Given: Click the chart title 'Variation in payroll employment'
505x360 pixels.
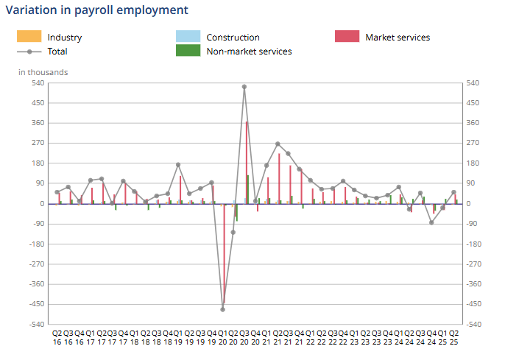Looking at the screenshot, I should coord(97,10).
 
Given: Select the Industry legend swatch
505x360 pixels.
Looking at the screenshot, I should coord(29,37).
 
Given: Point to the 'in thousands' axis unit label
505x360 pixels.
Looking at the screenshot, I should coord(43,72).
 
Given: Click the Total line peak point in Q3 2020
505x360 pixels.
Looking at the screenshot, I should coord(244,87).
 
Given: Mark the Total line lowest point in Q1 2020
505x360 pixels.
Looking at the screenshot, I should coord(222,309).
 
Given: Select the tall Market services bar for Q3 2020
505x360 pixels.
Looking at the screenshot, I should coord(247,162).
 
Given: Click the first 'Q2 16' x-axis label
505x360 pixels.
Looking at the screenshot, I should coord(57,337).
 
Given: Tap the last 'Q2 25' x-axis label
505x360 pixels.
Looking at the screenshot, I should coord(454,337).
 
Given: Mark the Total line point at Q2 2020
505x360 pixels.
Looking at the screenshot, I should coord(233,232).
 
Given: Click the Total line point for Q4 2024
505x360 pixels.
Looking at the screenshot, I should coord(431,222).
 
